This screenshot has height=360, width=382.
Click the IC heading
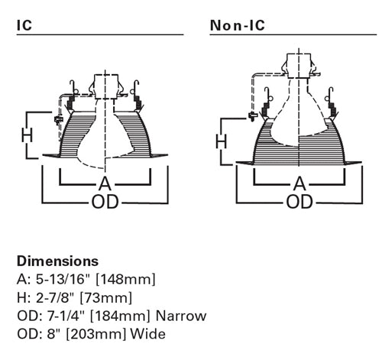(24, 25)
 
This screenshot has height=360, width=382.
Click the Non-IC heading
(238, 25)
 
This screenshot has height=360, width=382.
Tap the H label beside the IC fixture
(27, 135)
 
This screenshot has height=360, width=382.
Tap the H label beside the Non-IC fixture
(221, 141)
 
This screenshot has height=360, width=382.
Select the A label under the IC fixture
(105, 183)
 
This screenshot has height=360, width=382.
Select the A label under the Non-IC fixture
(299, 183)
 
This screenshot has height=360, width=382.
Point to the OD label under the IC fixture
(105, 202)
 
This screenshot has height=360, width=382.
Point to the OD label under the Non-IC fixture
(299, 202)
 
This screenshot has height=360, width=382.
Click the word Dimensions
(57, 261)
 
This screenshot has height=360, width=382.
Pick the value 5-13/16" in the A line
(63, 279)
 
